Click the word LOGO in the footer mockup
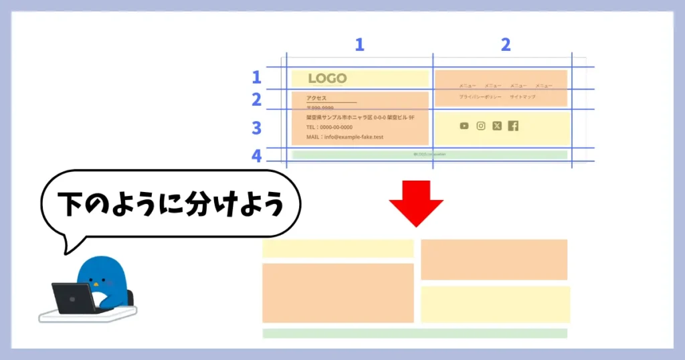[327, 79]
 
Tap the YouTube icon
[464, 126]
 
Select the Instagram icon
[480, 126]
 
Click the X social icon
[496, 126]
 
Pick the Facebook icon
[513, 126]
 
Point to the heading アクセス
[316, 98]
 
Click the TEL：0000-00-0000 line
[329, 127]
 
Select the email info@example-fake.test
[345, 137]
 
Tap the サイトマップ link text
[522, 97]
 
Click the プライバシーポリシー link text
[480, 97]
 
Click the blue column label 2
[505, 45]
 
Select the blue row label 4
[256, 157]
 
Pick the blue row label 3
[256, 128]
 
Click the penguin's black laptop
[73, 298]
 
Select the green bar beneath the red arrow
[415, 333]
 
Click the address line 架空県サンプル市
[360, 117]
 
